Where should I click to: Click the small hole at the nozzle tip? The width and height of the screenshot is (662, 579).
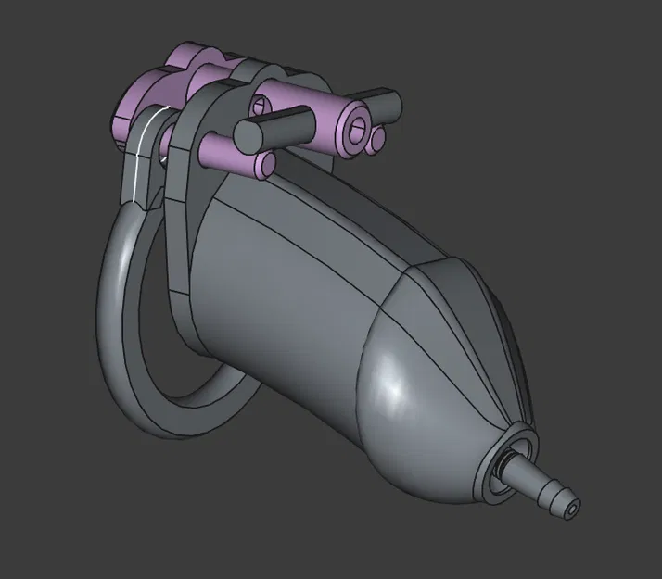[575, 508]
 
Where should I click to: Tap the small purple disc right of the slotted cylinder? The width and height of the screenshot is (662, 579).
[378, 139]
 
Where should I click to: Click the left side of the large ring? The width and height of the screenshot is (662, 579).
[112, 296]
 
